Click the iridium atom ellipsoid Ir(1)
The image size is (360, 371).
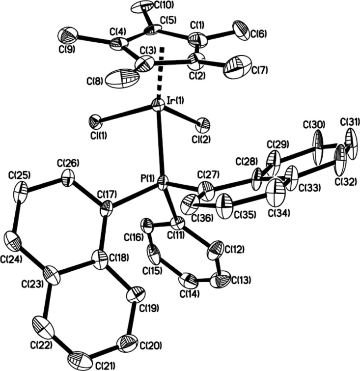click(x=157, y=104)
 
